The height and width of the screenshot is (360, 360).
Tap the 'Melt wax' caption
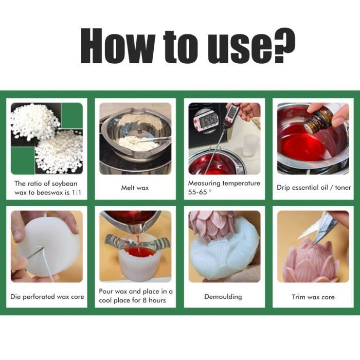click(x=135, y=188)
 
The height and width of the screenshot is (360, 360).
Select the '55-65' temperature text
click(x=197, y=192)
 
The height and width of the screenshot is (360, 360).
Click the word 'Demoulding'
click(x=223, y=297)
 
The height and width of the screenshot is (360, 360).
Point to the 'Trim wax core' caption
click(x=313, y=297)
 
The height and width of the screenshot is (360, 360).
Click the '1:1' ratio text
click(x=76, y=192)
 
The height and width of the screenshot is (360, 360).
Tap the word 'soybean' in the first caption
click(x=64, y=184)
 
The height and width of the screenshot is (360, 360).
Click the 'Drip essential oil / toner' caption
click(x=314, y=188)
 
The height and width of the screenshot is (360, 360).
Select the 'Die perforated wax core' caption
click(x=47, y=297)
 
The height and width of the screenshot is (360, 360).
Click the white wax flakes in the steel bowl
click(x=138, y=143)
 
